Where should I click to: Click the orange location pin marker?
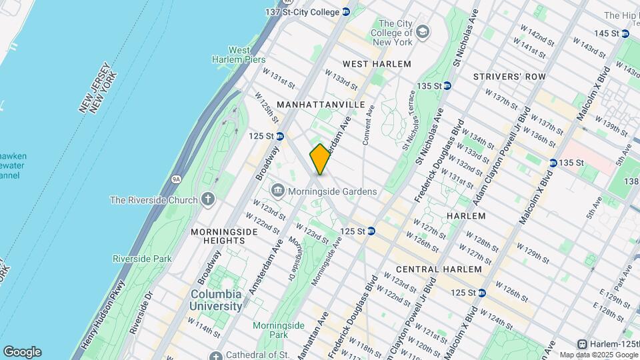320,159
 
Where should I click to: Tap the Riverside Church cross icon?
208,200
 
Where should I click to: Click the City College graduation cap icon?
423,32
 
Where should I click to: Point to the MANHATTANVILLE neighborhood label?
321,105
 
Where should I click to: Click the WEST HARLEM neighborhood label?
377,64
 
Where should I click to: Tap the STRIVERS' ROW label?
509,77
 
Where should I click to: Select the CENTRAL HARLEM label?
438,269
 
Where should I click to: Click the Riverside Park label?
142,259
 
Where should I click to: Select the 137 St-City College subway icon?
346,12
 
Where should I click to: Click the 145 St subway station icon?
625,33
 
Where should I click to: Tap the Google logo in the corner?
22,351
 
